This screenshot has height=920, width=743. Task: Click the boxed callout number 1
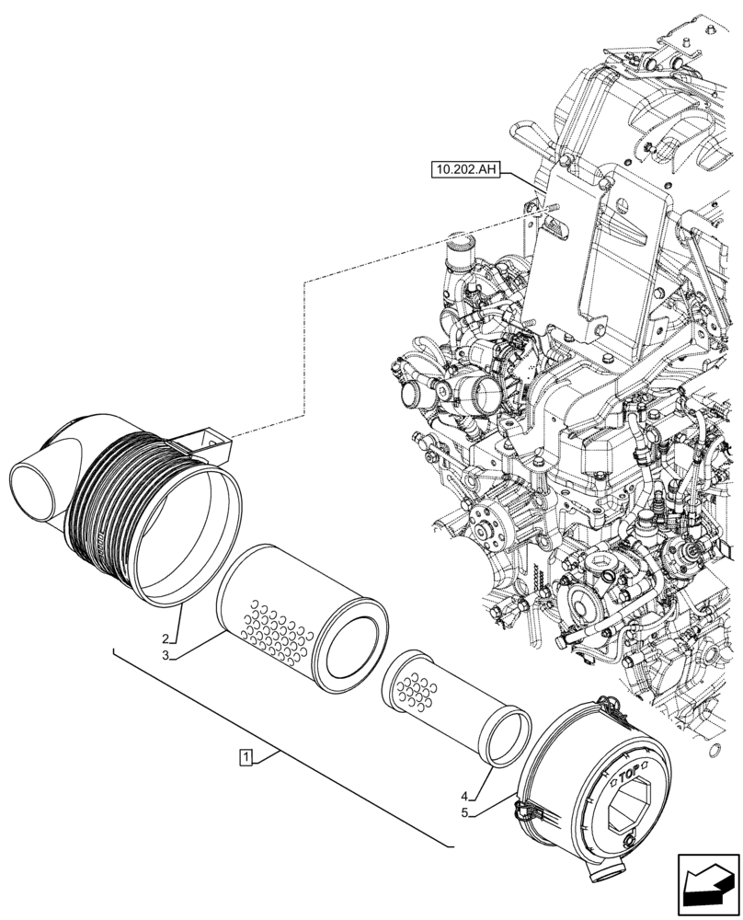[246, 757]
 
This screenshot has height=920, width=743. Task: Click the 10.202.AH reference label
[463, 170]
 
